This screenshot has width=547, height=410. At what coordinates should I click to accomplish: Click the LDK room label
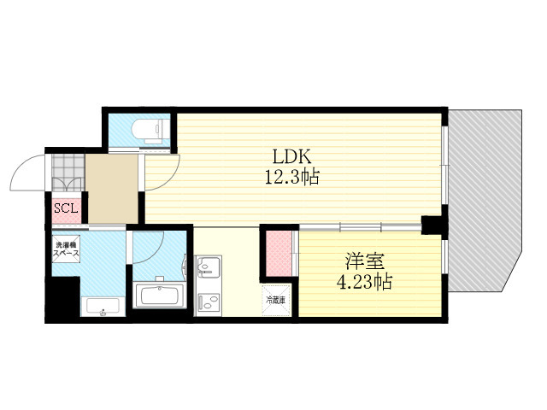point(291,157)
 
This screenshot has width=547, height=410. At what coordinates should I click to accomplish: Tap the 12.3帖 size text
point(292,177)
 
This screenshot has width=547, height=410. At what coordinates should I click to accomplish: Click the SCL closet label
point(66,208)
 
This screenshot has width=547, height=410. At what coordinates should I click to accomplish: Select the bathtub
point(160,296)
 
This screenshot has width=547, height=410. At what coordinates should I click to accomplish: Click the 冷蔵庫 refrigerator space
point(276,300)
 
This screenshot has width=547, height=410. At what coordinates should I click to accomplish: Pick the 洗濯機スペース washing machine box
point(66,249)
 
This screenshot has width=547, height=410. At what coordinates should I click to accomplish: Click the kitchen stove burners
point(208,302)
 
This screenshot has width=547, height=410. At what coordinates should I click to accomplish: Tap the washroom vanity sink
point(103,307)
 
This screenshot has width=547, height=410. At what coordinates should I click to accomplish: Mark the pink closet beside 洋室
point(279,253)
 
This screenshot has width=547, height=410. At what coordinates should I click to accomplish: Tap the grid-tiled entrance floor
point(68,173)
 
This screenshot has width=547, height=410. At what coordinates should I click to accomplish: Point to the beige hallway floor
point(112,189)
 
